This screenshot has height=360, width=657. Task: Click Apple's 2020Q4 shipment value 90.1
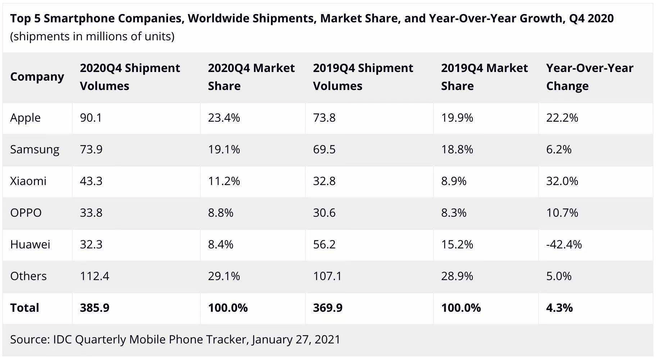pyautogui.click(x=91, y=118)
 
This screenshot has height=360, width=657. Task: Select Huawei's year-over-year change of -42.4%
pyautogui.click(x=564, y=244)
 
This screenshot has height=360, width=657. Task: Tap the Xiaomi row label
pyautogui.click(x=28, y=181)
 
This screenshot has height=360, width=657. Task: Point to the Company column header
pyautogui.click(x=37, y=77)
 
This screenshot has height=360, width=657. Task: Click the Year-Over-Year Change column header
pyautogui.click(x=590, y=77)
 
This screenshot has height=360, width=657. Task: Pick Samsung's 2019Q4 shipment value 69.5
pyautogui.click(x=324, y=149)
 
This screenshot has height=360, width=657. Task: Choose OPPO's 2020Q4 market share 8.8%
pyautogui.click(x=221, y=213)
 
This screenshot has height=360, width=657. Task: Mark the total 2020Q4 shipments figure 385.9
pyautogui.click(x=95, y=308)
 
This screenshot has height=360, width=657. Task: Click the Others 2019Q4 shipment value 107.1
pyautogui.click(x=327, y=276)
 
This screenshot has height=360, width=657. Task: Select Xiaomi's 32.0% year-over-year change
pyautogui.click(x=562, y=181)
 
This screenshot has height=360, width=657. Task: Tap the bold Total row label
pyautogui.click(x=24, y=308)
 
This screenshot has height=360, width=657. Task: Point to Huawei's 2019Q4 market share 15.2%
pyautogui.click(x=457, y=244)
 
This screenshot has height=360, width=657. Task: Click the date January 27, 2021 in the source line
pyautogui.click(x=296, y=339)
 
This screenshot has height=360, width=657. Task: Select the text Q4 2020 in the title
pyautogui.click(x=592, y=18)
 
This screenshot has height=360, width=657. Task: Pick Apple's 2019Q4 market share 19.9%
pyautogui.click(x=457, y=118)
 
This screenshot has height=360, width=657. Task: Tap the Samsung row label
pyautogui.click(x=35, y=150)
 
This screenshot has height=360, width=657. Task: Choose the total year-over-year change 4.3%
pyautogui.click(x=559, y=308)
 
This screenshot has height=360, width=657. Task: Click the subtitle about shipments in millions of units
pyautogui.click(x=92, y=36)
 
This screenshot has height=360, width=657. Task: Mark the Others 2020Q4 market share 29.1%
pyautogui.click(x=224, y=276)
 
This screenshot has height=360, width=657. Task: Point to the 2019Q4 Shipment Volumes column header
pyautogui.click(x=363, y=77)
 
